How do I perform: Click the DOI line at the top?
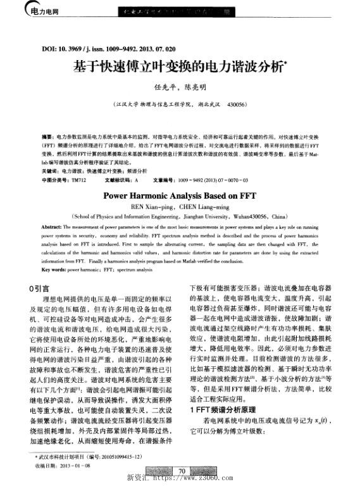(x=108, y=48)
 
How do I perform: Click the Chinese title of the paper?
(x=179, y=65)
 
